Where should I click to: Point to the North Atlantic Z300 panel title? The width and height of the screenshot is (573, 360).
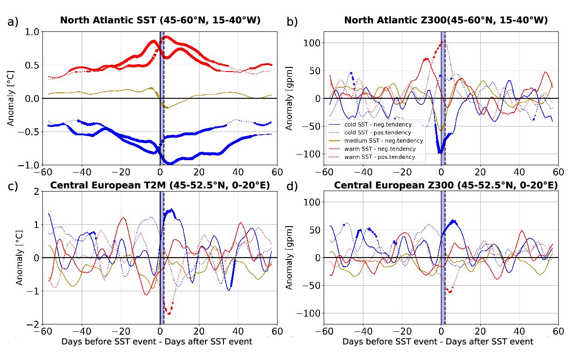pos(446,20)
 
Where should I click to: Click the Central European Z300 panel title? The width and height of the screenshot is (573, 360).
pos(446,186)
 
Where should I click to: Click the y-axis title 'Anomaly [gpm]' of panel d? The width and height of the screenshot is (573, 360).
pos(289,257)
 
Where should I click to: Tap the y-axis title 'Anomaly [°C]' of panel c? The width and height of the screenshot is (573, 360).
pos(19,257)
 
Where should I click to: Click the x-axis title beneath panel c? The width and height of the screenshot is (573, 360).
pos(157,342)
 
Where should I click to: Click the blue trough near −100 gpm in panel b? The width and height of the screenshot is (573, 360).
pos(440,151)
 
